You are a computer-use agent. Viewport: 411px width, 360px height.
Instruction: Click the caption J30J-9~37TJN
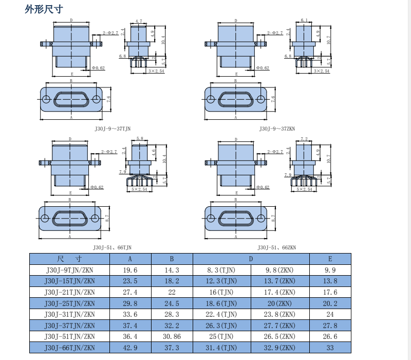tap(113, 129)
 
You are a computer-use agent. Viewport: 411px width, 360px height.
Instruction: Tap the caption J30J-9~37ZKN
tap(277, 129)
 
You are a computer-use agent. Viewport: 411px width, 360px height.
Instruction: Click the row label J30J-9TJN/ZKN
tap(70, 270)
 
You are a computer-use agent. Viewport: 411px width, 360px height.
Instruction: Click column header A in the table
tap(130, 259)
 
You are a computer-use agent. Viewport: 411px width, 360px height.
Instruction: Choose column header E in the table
tap(330, 259)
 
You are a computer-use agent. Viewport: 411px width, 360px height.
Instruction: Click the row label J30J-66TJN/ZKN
tap(70, 348)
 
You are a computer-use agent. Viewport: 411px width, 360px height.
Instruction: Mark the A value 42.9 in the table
tap(130, 348)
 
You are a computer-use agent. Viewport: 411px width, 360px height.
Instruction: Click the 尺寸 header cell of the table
tap(70, 259)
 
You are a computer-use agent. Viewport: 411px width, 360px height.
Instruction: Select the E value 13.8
tap(330, 281)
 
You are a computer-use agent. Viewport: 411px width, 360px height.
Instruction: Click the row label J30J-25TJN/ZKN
tap(70, 303)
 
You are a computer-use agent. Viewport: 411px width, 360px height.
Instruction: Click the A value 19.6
tap(130, 270)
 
